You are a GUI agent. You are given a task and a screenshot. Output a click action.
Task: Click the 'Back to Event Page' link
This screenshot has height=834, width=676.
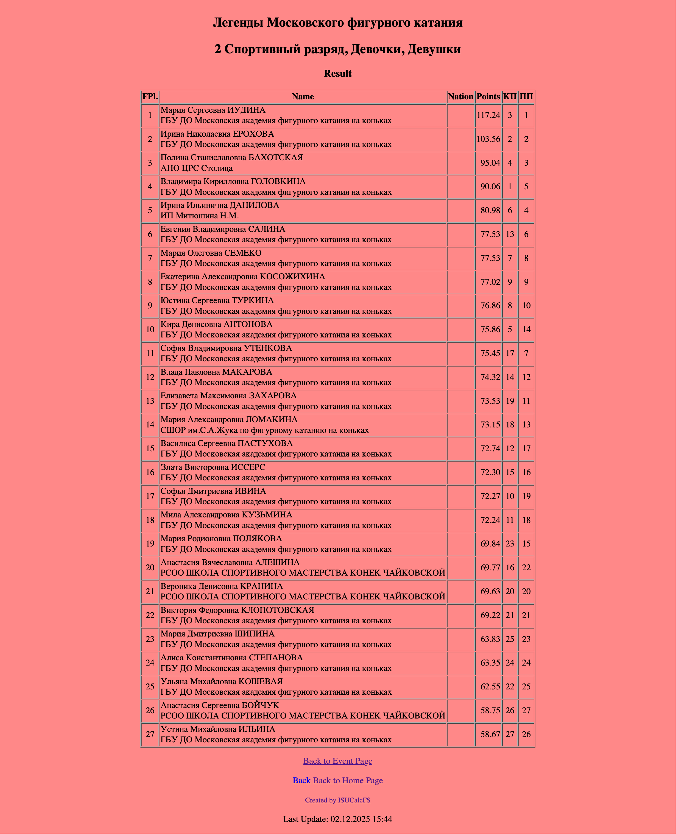338,761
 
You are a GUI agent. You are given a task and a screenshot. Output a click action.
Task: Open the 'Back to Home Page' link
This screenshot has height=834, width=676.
348,780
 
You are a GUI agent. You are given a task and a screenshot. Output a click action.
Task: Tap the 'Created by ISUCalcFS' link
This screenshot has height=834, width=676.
338,800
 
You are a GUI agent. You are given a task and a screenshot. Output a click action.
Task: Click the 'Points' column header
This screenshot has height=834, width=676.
488,97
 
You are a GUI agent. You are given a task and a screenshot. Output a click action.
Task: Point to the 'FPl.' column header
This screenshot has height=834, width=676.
150,97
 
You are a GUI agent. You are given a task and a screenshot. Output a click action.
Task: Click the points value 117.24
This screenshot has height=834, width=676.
488,115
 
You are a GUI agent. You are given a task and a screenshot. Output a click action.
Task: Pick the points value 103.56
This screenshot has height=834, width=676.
488,139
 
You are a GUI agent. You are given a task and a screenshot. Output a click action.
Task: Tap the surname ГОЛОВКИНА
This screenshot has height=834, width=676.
278,181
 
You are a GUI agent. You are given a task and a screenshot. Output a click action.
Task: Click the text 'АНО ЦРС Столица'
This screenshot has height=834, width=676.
197,168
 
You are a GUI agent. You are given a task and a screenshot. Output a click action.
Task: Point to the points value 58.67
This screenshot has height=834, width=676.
490,734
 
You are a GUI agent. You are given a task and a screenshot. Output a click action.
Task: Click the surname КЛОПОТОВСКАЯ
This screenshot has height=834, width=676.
277,610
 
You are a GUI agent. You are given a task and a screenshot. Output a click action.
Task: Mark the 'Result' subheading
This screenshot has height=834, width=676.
338,74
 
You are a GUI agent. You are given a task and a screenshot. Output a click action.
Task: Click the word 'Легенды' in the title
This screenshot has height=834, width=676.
238,22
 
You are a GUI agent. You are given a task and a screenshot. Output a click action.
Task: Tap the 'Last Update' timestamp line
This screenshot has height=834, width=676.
338,819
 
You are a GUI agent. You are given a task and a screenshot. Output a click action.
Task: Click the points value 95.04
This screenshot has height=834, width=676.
490,163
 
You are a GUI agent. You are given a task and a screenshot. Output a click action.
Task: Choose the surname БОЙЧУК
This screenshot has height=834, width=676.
260,705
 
